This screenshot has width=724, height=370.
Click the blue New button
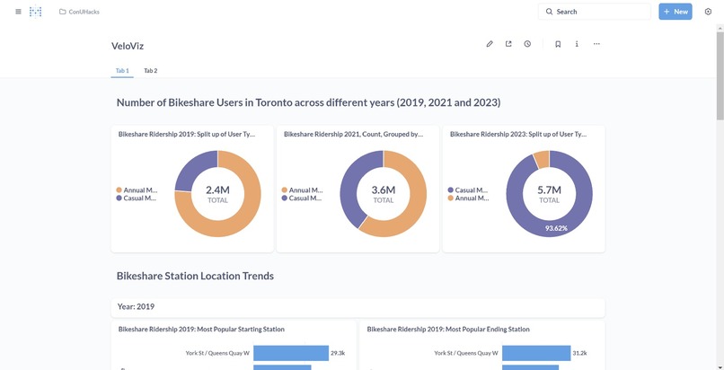[x=675, y=12]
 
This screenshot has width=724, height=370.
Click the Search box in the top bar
[x=594, y=12]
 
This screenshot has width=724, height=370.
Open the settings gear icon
[x=708, y=12]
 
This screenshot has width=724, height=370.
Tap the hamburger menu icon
[x=18, y=12]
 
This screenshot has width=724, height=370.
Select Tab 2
[x=150, y=70]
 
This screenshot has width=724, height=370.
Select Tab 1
[x=122, y=70]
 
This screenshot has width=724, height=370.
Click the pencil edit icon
[x=490, y=44]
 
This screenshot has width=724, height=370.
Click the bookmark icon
[x=558, y=44]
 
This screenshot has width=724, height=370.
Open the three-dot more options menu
[x=596, y=44]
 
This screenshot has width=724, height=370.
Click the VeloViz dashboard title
[x=128, y=46]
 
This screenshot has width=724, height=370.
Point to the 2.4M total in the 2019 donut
[x=217, y=190]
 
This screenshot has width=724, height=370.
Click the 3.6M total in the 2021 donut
[x=384, y=190]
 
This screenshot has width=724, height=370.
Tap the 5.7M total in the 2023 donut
[x=549, y=190]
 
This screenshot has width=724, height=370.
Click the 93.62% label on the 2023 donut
[x=556, y=228]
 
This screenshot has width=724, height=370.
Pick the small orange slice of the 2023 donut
[x=541, y=160]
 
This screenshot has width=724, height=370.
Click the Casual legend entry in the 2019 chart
[x=139, y=198]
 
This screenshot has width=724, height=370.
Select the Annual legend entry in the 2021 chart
[x=305, y=190]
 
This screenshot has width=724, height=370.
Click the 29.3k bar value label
[x=339, y=354]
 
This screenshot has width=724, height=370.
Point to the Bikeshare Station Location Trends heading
[x=195, y=276]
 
